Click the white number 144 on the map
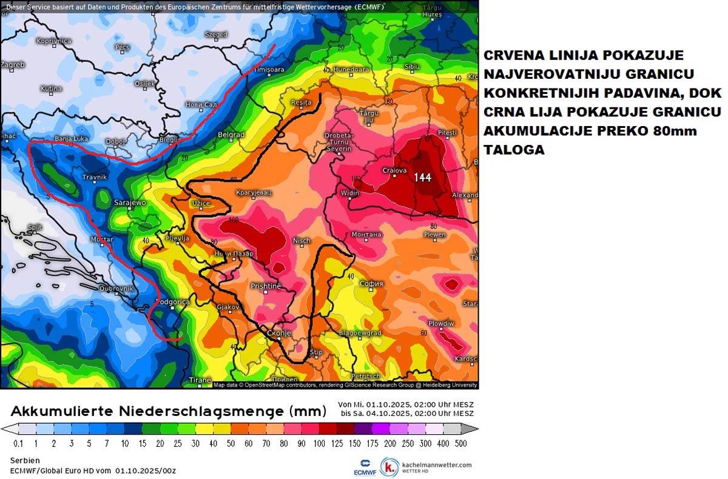coord(423,177)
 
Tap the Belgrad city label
coord(231,135)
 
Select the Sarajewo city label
coord(130,203)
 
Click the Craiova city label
coord(394,170)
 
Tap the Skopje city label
coord(280,333)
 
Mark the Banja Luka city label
coord(72,138)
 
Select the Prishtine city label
coord(266,286)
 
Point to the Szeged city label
coord(216,35)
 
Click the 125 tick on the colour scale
coord(335,444)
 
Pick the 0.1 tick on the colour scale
coord(18,444)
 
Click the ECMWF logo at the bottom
coord(364,466)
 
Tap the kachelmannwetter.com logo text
coord(437,465)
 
